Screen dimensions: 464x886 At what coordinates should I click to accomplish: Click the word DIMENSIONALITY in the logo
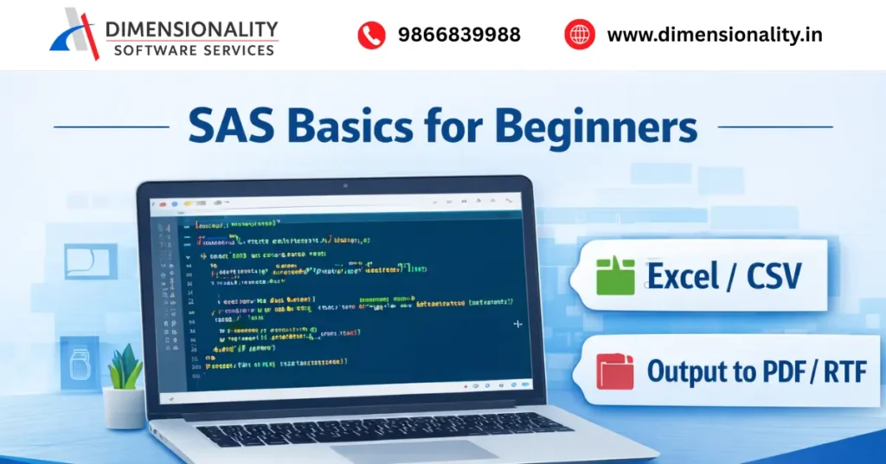(191, 29)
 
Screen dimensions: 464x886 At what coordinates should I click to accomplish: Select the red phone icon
(371, 35)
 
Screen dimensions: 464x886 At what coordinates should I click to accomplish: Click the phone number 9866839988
(459, 35)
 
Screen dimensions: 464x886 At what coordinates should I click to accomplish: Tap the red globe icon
(580, 35)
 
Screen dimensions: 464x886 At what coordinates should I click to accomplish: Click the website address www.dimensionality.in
(715, 35)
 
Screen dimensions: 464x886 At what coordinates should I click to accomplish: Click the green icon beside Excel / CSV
(615, 276)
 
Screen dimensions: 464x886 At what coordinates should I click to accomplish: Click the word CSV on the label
(773, 276)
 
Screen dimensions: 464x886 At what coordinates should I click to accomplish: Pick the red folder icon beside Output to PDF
(615, 371)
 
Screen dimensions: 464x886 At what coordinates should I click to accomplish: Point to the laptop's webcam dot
(344, 184)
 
